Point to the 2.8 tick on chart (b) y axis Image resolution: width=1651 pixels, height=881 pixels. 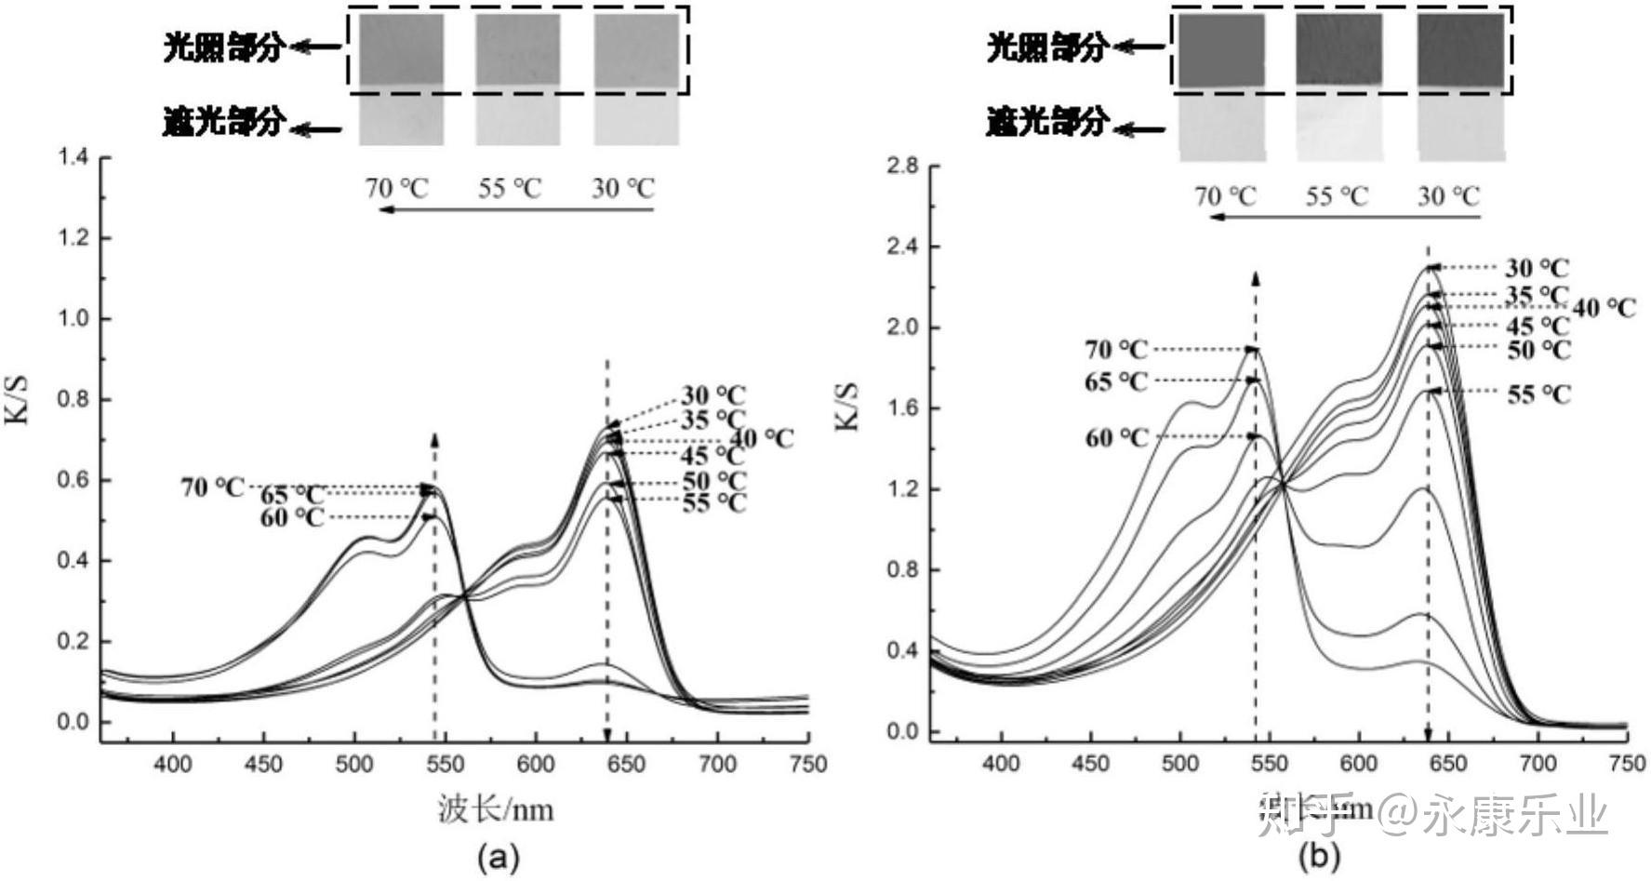click(902, 166)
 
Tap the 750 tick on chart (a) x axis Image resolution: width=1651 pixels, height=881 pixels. click(807, 764)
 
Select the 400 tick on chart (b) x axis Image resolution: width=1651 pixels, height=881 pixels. click(1001, 764)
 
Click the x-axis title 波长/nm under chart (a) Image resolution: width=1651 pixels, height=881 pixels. click(496, 809)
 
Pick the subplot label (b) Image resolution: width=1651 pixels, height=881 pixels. click(1319, 856)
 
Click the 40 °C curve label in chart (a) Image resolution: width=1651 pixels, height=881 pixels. click(762, 438)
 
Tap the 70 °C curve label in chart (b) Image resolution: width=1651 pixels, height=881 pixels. click(1116, 350)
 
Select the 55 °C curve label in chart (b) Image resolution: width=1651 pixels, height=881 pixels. click(1538, 394)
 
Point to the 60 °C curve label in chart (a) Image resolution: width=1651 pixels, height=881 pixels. click(292, 517)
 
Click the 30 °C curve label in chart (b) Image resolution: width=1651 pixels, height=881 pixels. click(1537, 268)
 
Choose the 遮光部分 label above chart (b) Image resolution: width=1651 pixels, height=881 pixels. click(1047, 121)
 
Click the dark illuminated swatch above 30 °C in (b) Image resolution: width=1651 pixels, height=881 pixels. click(1461, 51)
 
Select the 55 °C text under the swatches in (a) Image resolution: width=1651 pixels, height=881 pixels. click(510, 189)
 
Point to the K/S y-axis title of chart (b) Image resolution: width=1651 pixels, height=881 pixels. click(847, 407)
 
